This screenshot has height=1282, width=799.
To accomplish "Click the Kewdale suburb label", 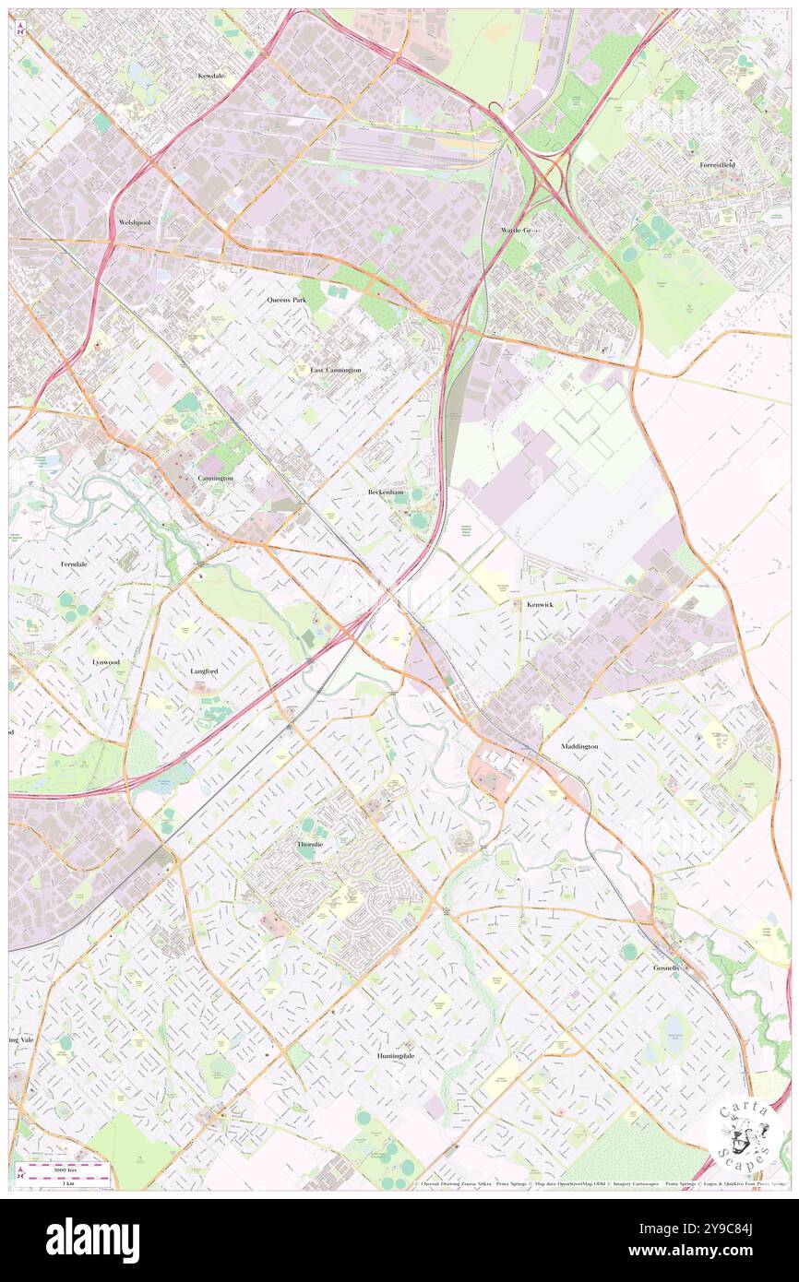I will (x=211, y=76).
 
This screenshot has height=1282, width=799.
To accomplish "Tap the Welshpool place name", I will (x=135, y=223).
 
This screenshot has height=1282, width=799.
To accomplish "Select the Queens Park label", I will (x=286, y=300).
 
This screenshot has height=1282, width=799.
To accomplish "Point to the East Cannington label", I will (x=335, y=370).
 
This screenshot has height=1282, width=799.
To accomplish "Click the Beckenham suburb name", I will (x=386, y=493).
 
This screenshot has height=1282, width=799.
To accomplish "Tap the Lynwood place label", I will (x=106, y=662).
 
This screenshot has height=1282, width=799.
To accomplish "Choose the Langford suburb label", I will (x=204, y=671).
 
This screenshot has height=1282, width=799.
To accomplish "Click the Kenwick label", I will (x=540, y=605).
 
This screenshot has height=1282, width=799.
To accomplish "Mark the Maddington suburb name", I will (x=579, y=746).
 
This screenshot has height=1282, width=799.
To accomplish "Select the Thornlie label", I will (x=311, y=845).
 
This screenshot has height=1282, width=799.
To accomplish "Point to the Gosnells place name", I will (x=666, y=967).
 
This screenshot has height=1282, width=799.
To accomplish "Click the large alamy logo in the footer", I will (x=92, y=1240).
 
